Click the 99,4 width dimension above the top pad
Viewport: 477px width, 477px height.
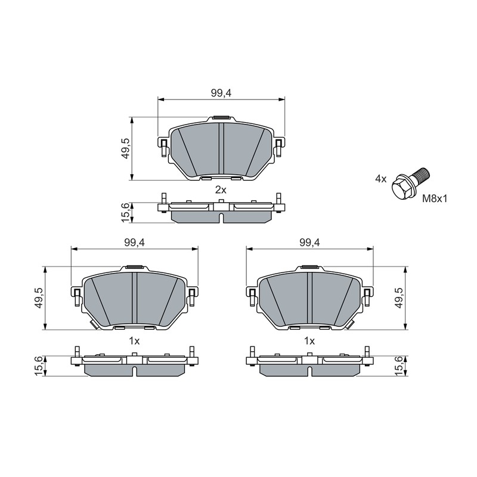coord(221,93)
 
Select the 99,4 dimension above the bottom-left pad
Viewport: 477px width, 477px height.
coord(134,243)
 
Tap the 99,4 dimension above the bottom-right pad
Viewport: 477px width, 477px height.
coord(309,243)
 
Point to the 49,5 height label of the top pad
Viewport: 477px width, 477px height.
coord(125,148)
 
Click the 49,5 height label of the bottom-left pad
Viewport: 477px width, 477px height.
coord(39,298)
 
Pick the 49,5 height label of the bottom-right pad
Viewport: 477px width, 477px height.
coord(399,298)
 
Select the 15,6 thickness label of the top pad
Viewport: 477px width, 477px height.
coord(125,212)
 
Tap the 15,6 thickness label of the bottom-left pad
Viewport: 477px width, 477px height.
coord(39,366)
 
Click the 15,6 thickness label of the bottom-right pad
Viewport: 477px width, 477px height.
coord(399,366)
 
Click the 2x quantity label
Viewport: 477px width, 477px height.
coord(221,190)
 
